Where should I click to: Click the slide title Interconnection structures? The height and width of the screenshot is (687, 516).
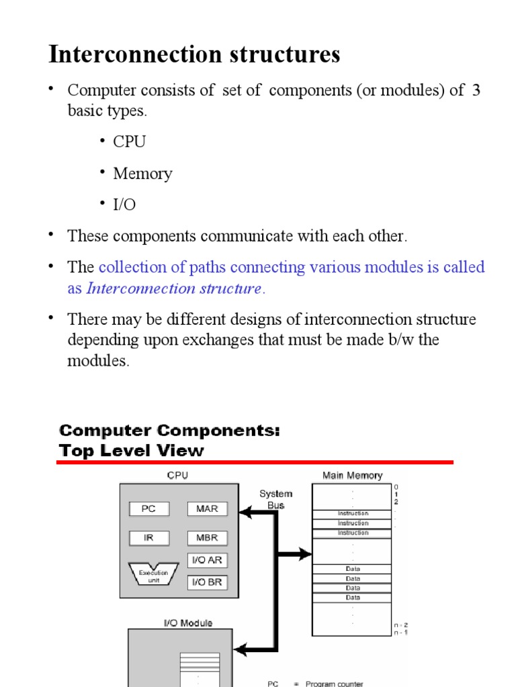(x=194, y=54)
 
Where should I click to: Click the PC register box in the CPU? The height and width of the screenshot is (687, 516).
(x=148, y=509)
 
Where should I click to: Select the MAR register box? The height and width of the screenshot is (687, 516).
(x=207, y=509)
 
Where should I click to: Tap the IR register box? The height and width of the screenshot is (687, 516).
(x=148, y=538)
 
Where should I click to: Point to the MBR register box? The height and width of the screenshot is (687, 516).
(x=207, y=538)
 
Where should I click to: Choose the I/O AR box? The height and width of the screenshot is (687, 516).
(x=207, y=561)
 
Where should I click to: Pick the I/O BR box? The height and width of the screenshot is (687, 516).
(x=207, y=582)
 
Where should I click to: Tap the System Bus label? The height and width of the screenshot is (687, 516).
(x=275, y=499)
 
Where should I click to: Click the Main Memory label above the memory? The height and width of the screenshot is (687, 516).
(x=352, y=476)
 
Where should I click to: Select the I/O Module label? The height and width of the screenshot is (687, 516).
(x=188, y=623)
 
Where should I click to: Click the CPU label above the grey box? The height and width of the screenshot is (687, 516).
(x=177, y=476)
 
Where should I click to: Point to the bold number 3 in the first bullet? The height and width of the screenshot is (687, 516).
(x=476, y=91)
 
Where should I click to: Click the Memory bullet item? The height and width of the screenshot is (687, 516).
(x=142, y=174)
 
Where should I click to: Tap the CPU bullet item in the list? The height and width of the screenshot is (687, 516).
(x=129, y=142)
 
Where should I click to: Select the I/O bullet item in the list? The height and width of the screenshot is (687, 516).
(x=124, y=205)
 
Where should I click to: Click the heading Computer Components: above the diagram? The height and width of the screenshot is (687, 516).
(x=169, y=430)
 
